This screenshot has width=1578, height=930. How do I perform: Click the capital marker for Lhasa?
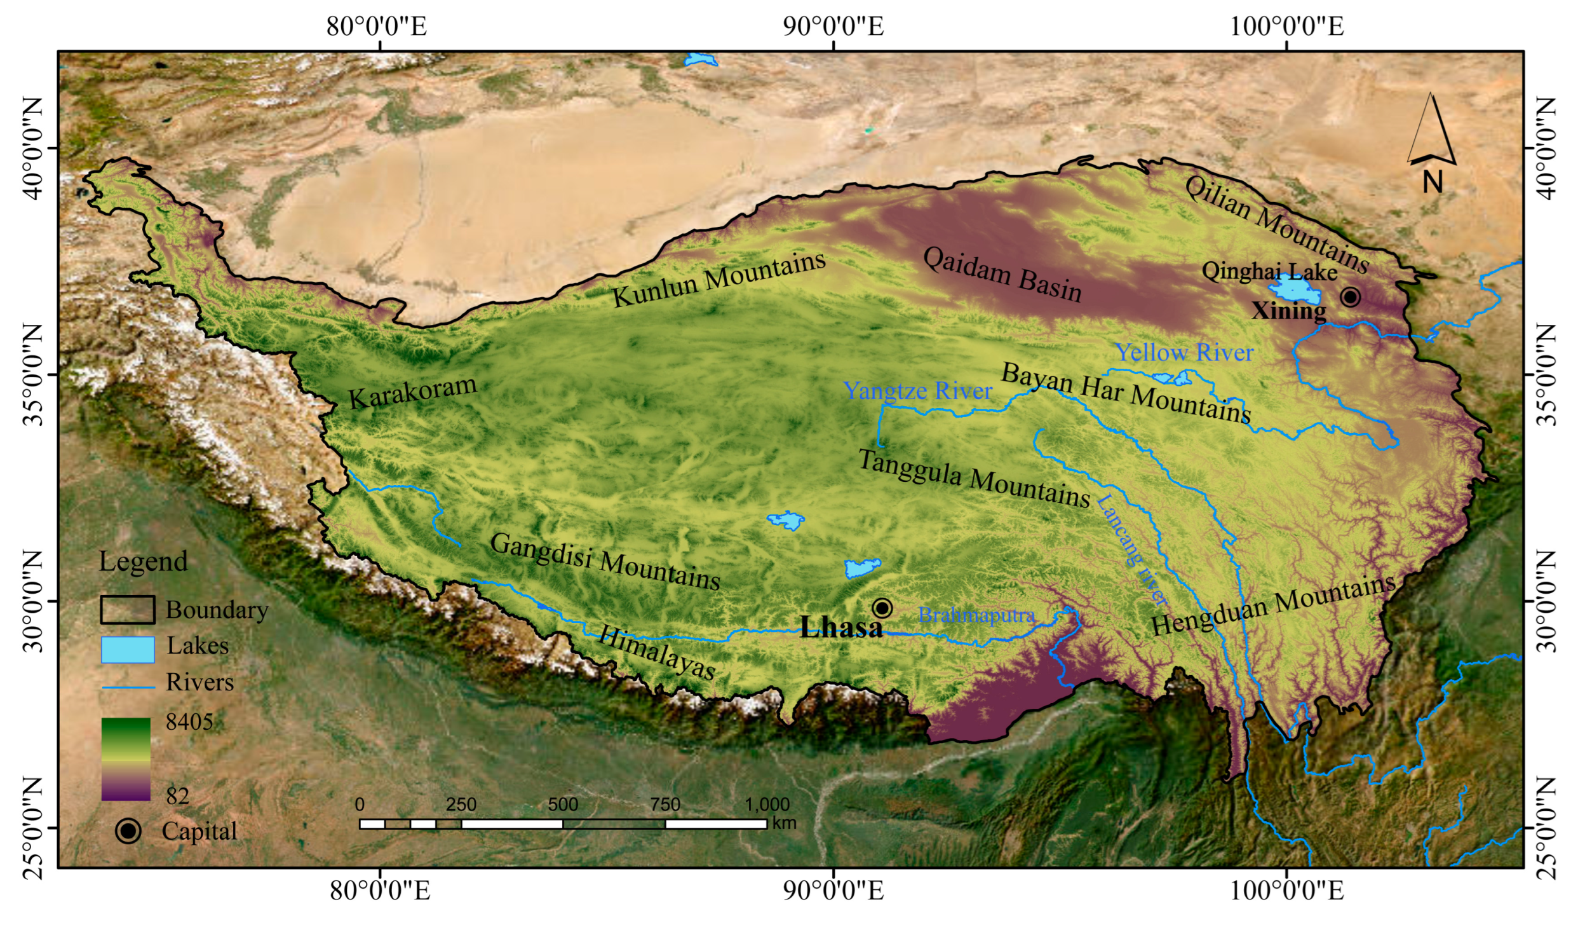[882, 608]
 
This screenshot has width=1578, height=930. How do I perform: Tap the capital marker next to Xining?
[1351, 296]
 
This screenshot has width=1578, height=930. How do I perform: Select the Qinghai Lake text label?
[1269, 272]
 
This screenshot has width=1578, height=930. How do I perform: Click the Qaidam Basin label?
[1002, 275]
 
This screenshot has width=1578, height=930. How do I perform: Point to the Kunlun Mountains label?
[718, 280]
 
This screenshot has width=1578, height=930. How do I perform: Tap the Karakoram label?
[412, 392]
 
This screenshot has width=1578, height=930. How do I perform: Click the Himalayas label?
[657, 652]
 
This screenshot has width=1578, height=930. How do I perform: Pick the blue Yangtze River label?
[917, 391]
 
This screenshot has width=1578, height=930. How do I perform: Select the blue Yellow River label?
[1184, 353]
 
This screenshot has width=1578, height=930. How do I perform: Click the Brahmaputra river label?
[976, 615]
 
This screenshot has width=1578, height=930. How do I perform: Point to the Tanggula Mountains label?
[974, 479]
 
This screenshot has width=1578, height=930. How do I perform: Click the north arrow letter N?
[1432, 183]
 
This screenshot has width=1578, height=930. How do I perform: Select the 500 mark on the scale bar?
[562, 805]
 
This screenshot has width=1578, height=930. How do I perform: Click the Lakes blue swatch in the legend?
[128, 650]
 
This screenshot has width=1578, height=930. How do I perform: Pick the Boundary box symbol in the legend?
[128, 610]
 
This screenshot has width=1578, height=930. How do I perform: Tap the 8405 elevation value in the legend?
[189, 722]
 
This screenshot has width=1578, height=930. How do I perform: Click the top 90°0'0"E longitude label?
[833, 27]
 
